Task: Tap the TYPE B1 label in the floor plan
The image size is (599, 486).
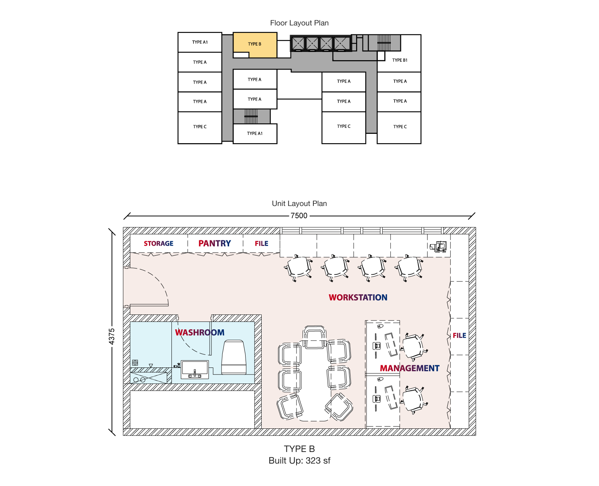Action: click(399, 60)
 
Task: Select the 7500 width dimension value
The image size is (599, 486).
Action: click(299, 216)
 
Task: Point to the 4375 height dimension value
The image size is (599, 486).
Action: click(112, 336)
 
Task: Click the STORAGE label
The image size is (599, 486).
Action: click(158, 243)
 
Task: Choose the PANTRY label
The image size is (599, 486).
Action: click(215, 243)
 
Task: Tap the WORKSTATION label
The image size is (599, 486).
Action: click(358, 297)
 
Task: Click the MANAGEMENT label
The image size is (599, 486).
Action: click(410, 368)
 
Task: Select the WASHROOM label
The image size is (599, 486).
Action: click(200, 332)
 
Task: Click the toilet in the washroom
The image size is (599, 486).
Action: click(234, 357)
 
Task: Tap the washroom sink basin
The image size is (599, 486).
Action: click(195, 369)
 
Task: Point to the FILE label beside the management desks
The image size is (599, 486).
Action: click(459, 335)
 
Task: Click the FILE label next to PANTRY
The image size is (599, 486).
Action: click(262, 243)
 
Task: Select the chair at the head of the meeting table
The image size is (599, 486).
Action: click(314, 337)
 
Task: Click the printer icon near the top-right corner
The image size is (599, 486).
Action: click(438, 246)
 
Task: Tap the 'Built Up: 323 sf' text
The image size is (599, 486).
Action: click(299, 461)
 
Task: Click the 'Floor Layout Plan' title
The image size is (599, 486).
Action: click(299, 23)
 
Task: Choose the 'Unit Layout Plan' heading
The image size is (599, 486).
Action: click(299, 203)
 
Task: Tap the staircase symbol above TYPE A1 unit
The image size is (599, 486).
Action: click(251, 116)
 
